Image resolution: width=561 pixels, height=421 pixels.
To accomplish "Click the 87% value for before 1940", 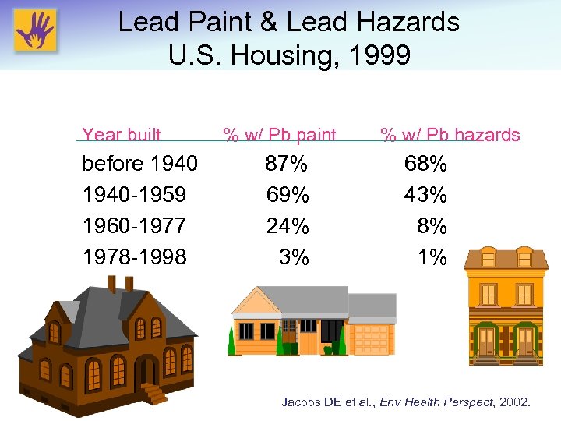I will [x=287, y=165].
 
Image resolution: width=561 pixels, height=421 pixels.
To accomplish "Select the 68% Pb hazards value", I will [x=425, y=165].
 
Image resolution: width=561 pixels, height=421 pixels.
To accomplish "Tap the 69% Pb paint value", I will [x=287, y=195].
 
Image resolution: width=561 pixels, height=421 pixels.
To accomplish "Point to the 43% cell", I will [x=425, y=195].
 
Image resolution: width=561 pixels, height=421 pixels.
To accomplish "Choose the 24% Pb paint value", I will [x=287, y=226].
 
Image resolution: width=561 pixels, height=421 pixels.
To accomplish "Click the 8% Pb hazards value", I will [x=432, y=226].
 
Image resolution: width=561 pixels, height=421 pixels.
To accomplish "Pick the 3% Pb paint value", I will [x=294, y=257].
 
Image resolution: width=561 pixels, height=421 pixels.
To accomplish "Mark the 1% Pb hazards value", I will [x=432, y=257].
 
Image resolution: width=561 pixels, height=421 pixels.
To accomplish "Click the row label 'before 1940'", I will [x=139, y=165].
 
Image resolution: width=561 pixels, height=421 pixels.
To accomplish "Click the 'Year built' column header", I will [x=122, y=135].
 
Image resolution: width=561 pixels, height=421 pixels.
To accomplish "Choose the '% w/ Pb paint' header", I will [x=280, y=135].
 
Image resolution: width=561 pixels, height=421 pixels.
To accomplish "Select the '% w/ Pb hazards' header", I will [x=450, y=135].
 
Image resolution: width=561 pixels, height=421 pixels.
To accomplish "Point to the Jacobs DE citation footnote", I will [x=406, y=402].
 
